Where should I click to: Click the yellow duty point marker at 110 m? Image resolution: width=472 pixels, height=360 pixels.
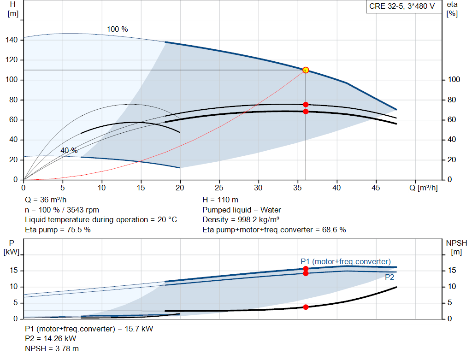click(306, 70)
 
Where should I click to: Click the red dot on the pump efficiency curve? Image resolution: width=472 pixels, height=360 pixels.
click(306, 105)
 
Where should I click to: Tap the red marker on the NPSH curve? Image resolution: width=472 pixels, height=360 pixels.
click(306, 307)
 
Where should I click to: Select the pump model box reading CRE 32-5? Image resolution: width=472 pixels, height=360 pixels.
click(402, 6)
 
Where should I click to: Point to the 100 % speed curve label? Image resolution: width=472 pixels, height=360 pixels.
click(118, 29)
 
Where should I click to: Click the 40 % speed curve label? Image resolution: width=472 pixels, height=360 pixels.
click(69, 151)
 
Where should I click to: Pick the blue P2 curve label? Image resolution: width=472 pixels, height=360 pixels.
click(389, 277)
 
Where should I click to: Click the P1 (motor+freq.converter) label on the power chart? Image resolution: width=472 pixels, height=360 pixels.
click(346, 261)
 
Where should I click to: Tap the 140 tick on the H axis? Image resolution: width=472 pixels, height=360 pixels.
click(12, 40)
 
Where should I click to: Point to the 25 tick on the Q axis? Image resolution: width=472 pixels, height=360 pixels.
click(219, 188)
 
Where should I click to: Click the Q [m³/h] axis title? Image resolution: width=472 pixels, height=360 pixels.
click(423, 188)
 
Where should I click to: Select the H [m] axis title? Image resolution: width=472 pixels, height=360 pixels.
click(12, 9)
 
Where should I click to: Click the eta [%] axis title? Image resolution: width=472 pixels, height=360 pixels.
click(452, 9)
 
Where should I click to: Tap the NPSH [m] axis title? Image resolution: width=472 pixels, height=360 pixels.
click(456, 247)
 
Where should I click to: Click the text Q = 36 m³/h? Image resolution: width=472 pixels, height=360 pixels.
click(46, 200)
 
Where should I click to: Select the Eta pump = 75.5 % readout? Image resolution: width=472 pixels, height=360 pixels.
click(58, 230)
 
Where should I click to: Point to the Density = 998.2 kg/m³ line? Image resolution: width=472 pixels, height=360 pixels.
click(241, 220)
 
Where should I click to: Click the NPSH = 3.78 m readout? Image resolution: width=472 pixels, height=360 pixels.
click(52, 348)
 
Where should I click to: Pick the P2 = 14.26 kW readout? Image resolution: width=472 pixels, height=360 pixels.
click(51, 339)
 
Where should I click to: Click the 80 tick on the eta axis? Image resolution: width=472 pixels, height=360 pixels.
click(452, 100)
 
